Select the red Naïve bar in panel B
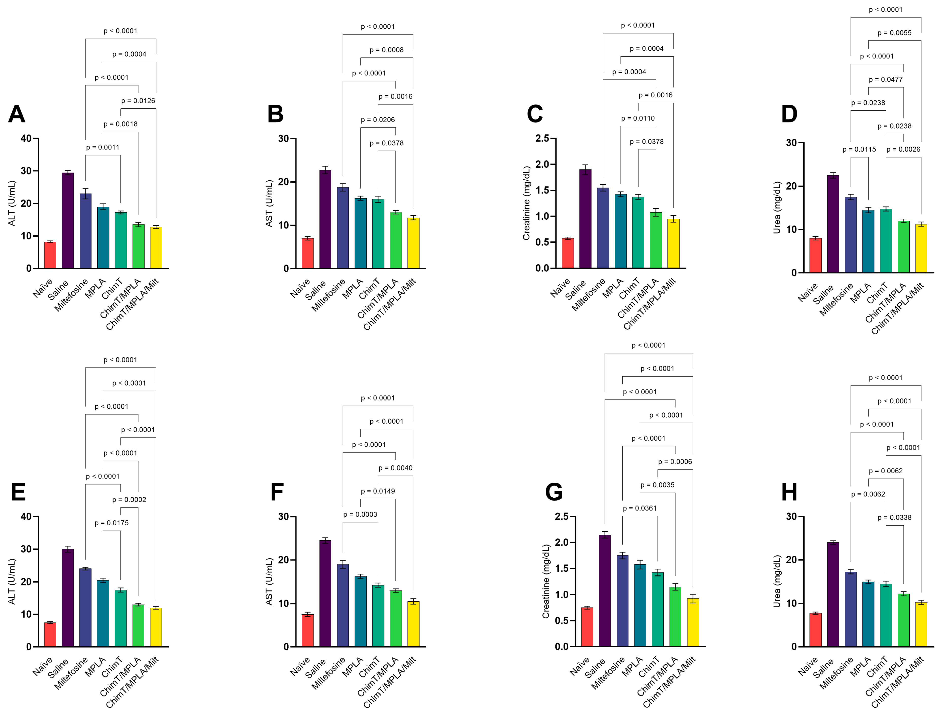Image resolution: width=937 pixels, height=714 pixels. coord(308,253)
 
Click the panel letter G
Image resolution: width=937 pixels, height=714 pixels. coord(554,492)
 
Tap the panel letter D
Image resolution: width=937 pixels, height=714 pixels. coord(789,114)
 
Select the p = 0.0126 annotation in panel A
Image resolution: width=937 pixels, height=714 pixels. coord(138,101)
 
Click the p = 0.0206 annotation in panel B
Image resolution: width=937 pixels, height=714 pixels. coord(378,120)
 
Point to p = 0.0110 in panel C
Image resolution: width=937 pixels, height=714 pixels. coord(638,118)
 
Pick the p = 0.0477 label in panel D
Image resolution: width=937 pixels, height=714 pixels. coord(885,79)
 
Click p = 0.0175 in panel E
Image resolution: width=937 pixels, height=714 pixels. coord(111,523)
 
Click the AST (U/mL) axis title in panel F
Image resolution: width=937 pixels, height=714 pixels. coord(269,581)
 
